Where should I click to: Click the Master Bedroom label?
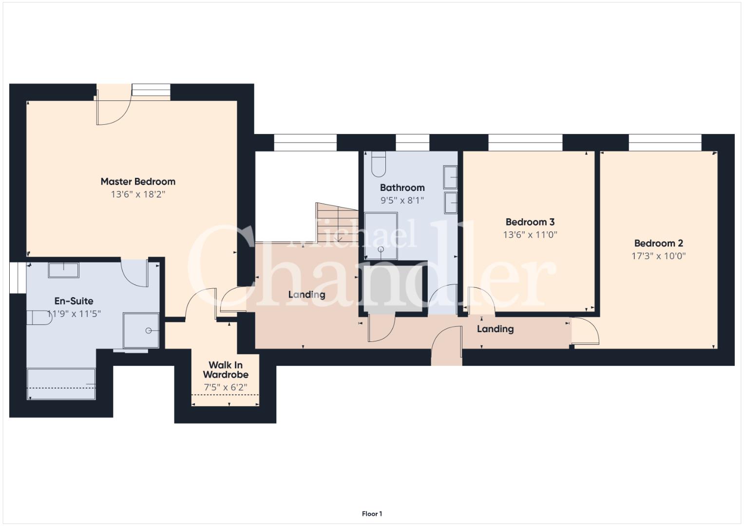click(x=138, y=182)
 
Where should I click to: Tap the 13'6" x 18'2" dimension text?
click(x=138, y=194)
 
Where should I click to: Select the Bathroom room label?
click(x=402, y=188)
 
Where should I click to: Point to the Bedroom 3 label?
click(x=530, y=222)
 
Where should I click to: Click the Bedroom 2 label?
click(x=659, y=243)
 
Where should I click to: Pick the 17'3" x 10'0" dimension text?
click(x=659, y=256)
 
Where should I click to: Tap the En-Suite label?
click(x=74, y=301)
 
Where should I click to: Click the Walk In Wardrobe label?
click(x=226, y=370)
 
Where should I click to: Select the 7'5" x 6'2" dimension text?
click(x=226, y=387)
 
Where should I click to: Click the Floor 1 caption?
click(x=372, y=514)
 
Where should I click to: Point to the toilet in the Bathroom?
click(x=379, y=164)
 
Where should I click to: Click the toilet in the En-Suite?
click(x=39, y=318)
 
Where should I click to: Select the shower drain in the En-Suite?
click(x=149, y=330)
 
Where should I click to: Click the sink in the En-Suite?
click(x=63, y=270)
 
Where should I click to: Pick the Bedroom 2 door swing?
click(x=585, y=331)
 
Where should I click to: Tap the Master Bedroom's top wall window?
click(x=151, y=90)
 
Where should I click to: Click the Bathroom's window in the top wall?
click(x=413, y=143)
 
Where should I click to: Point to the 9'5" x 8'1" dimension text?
click(x=402, y=200)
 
